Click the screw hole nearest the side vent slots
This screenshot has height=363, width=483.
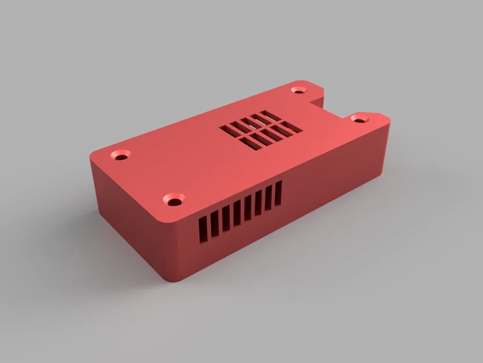coord(173,199)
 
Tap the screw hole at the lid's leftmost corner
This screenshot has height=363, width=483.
coord(121,156)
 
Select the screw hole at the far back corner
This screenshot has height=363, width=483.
coord(299,90)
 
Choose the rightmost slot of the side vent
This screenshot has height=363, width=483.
coord(278,192)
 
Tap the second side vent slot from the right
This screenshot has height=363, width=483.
coord(268,197)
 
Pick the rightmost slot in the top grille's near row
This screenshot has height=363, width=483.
coord(292,128)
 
